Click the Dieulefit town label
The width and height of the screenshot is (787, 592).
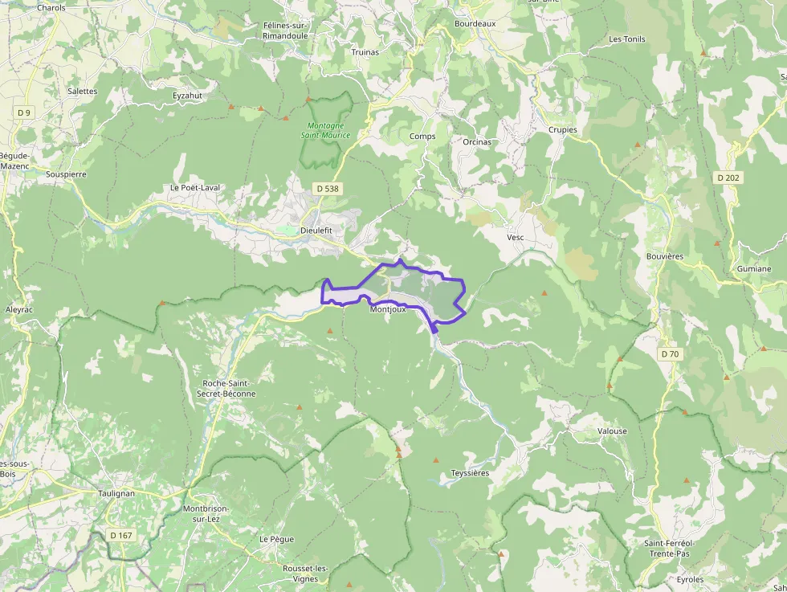(x=316, y=230)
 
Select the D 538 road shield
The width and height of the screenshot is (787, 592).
(x=327, y=188)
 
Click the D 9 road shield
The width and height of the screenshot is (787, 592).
(x=23, y=113)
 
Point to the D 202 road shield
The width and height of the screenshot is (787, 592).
(x=728, y=178)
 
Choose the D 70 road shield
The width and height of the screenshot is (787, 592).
(x=670, y=354)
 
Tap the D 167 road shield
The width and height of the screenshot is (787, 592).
(x=120, y=535)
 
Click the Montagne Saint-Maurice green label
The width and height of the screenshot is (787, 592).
(x=326, y=130)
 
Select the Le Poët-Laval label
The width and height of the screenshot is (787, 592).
(x=194, y=188)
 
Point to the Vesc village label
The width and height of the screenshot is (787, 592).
(x=515, y=238)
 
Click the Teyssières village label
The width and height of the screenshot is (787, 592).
(x=470, y=473)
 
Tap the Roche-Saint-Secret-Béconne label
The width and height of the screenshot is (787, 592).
(x=229, y=389)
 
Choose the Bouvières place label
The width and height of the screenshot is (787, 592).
(x=664, y=256)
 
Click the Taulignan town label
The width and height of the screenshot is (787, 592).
(x=116, y=493)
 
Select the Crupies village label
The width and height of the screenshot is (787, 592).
(x=562, y=129)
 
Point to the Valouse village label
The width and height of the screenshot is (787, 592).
(x=612, y=431)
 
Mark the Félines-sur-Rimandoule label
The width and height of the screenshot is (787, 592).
(x=285, y=31)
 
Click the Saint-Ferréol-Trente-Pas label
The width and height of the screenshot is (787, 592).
(x=668, y=549)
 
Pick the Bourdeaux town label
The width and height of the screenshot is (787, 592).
(x=475, y=24)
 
